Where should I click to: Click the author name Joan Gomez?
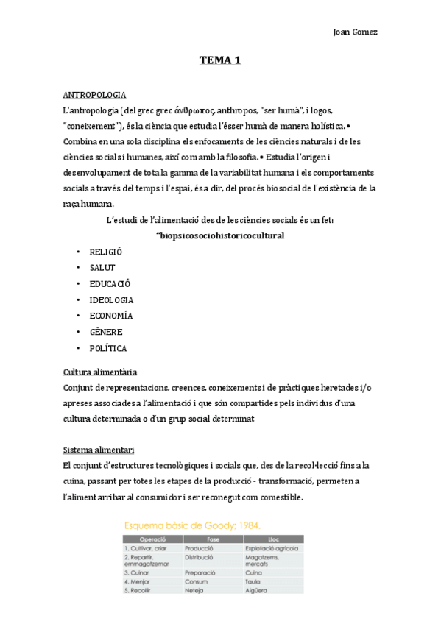[x=356, y=32]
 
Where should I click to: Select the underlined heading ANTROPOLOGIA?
[x=94, y=96]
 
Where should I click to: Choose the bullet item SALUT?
[x=102, y=268]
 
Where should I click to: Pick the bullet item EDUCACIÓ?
[x=110, y=284]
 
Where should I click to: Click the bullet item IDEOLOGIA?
[x=111, y=300]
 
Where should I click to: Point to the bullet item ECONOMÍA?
[x=110, y=316]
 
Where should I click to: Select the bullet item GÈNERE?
[x=106, y=333]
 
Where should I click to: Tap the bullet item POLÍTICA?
[x=108, y=349]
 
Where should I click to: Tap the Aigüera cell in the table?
[x=257, y=590]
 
